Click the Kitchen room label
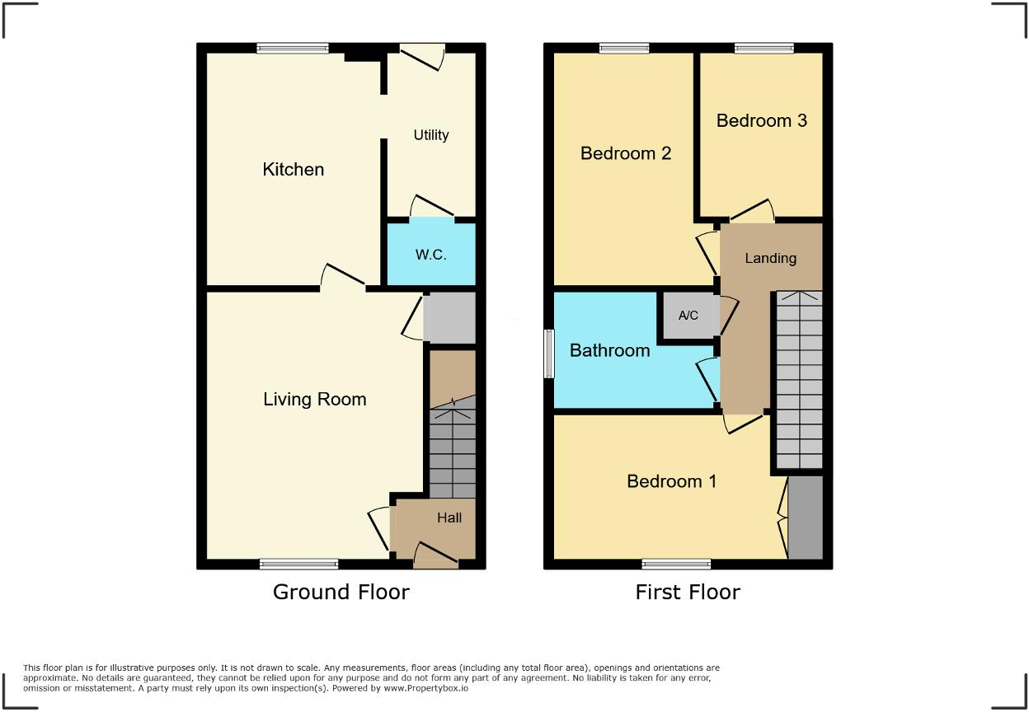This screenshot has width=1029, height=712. point(293,170)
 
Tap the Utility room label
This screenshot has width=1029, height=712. point(430,135)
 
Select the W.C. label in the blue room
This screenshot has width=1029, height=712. point(430,255)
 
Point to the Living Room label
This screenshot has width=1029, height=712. point(314,400)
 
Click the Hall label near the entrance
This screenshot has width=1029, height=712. point(449,518)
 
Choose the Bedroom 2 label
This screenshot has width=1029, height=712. point(626,153)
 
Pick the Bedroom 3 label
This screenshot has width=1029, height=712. point(761,121)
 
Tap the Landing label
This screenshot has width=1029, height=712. point(770,259)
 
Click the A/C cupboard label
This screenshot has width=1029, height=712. point(688,316)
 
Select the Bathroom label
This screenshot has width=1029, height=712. point(609,351)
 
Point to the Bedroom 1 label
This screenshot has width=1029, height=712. point(671,481)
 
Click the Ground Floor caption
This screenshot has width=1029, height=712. point(341,592)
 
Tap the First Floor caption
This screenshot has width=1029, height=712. point(687,592)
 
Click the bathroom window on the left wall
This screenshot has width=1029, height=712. point(549,354)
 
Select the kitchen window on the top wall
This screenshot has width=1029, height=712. point(293,49)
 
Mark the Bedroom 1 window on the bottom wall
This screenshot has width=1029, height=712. point(676,564)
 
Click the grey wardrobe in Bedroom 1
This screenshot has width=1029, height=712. point(806,518)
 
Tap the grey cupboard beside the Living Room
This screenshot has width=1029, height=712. point(449,317)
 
